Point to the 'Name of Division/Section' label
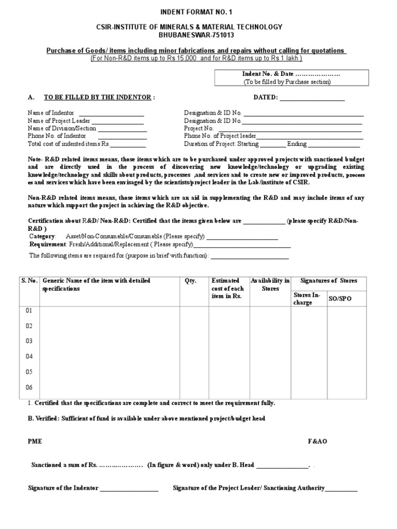click(x=62, y=129)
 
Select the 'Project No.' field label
click(x=199, y=129)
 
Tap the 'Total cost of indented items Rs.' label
click(x=69, y=144)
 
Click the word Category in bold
click(x=42, y=236)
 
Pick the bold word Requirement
click(x=47, y=244)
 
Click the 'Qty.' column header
click(x=191, y=281)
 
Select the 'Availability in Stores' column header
click(x=270, y=285)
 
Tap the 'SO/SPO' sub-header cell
click(x=340, y=299)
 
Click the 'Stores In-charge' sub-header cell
click(x=307, y=299)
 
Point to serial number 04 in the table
click(x=29, y=356)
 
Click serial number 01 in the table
click(x=29, y=310)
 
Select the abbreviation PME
click(x=35, y=442)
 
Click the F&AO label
click(x=318, y=442)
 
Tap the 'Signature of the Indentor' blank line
click(x=129, y=488)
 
